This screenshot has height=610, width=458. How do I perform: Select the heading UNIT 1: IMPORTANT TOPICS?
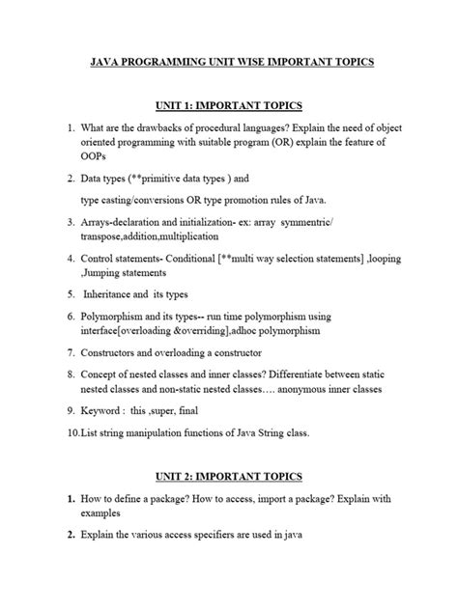coord(228,105)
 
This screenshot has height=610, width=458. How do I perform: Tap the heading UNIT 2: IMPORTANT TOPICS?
coord(228,476)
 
